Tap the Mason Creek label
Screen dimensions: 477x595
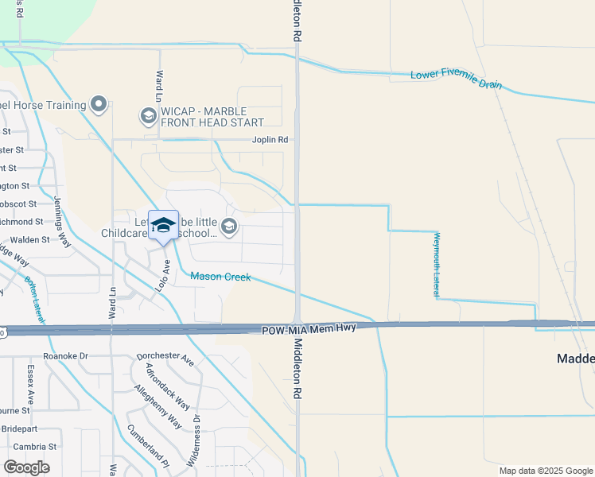pos(220,277)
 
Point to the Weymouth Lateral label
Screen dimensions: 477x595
pos(437,265)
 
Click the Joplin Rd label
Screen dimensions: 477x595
pos(270,140)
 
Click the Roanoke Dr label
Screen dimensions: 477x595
pos(65,357)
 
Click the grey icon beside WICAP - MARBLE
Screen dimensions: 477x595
pos(147,117)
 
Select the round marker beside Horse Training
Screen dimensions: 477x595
pos(99,105)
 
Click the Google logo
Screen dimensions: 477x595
pos(26,467)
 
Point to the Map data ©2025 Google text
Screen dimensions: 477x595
pos(545,471)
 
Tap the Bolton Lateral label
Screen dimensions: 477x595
pos(35,301)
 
